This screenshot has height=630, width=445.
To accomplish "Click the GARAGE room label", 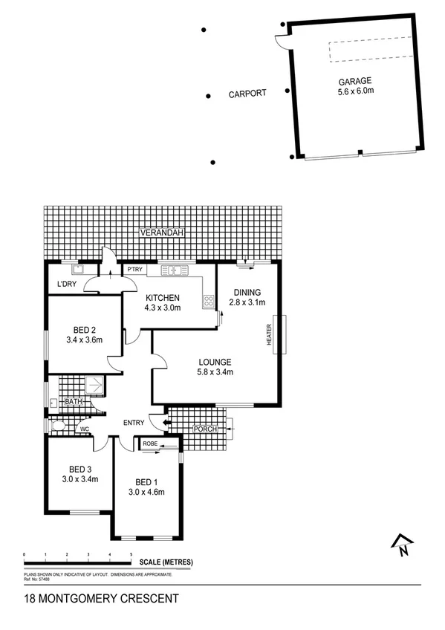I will [x=354, y=81].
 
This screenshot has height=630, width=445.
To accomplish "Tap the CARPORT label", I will [x=245, y=95].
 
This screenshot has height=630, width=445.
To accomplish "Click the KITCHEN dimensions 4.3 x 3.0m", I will [x=162, y=308].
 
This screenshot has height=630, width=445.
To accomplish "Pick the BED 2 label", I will [x=84, y=329].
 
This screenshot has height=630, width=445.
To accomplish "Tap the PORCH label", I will [x=204, y=429].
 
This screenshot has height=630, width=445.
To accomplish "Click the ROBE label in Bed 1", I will [x=148, y=444].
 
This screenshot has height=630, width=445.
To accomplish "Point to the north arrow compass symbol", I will [x=402, y=546].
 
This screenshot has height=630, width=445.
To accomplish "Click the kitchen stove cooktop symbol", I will [x=209, y=302].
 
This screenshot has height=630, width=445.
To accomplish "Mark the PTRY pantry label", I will [x=134, y=270].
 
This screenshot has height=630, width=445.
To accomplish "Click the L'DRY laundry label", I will [x=67, y=285].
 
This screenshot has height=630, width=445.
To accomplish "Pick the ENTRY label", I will [x=134, y=423].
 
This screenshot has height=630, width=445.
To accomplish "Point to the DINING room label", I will [x=246, y=291].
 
